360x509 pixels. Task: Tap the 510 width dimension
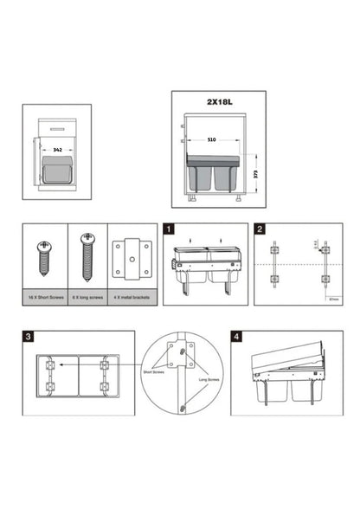coord(212,139)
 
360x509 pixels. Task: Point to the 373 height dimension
coord(257,173)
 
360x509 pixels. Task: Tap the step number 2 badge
coord(260,230)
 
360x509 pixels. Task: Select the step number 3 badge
coord(29,337)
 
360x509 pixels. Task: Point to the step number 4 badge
coord(236,337)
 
